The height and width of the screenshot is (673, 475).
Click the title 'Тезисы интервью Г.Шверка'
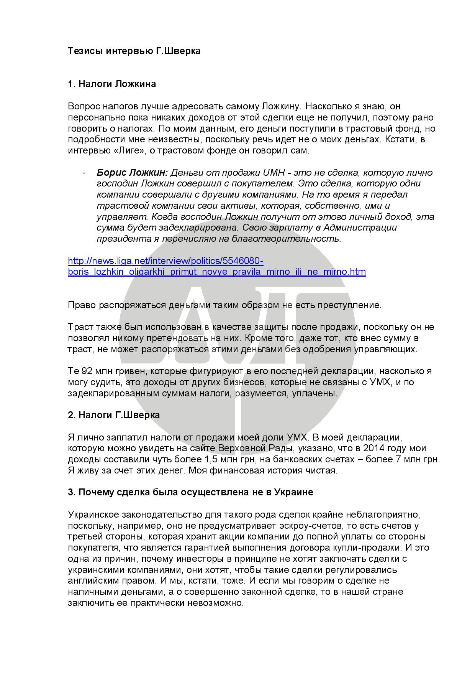(134, 51)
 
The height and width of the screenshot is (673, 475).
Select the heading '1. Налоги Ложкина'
(112, 84)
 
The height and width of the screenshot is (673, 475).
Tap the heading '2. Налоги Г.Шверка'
(114, 415)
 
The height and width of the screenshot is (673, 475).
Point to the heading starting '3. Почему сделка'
(190, 492)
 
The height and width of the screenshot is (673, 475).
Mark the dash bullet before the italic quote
(84, 173)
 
